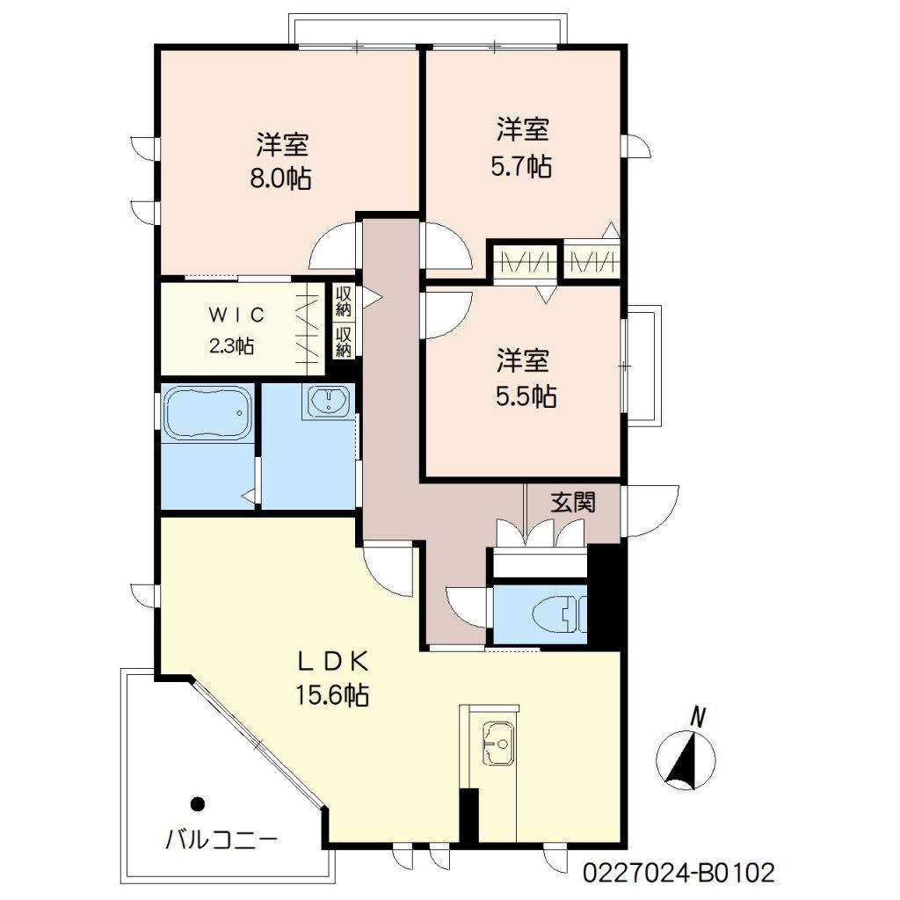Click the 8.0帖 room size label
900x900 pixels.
click(280, 178)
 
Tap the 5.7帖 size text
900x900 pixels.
click(521, 166)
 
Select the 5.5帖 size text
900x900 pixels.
click(526, 396)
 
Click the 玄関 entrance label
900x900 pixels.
click(573, 502)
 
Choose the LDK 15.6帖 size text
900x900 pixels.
click(332, 695)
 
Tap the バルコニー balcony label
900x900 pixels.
click(221, 840)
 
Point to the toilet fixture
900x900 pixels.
click(560, 614)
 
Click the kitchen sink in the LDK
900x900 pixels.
click(498, 744)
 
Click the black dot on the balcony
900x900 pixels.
click(198, 804)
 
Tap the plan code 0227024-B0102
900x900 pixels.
click(679, 873)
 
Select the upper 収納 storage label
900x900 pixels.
click(344, 302)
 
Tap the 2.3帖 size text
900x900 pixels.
click(231, 346)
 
